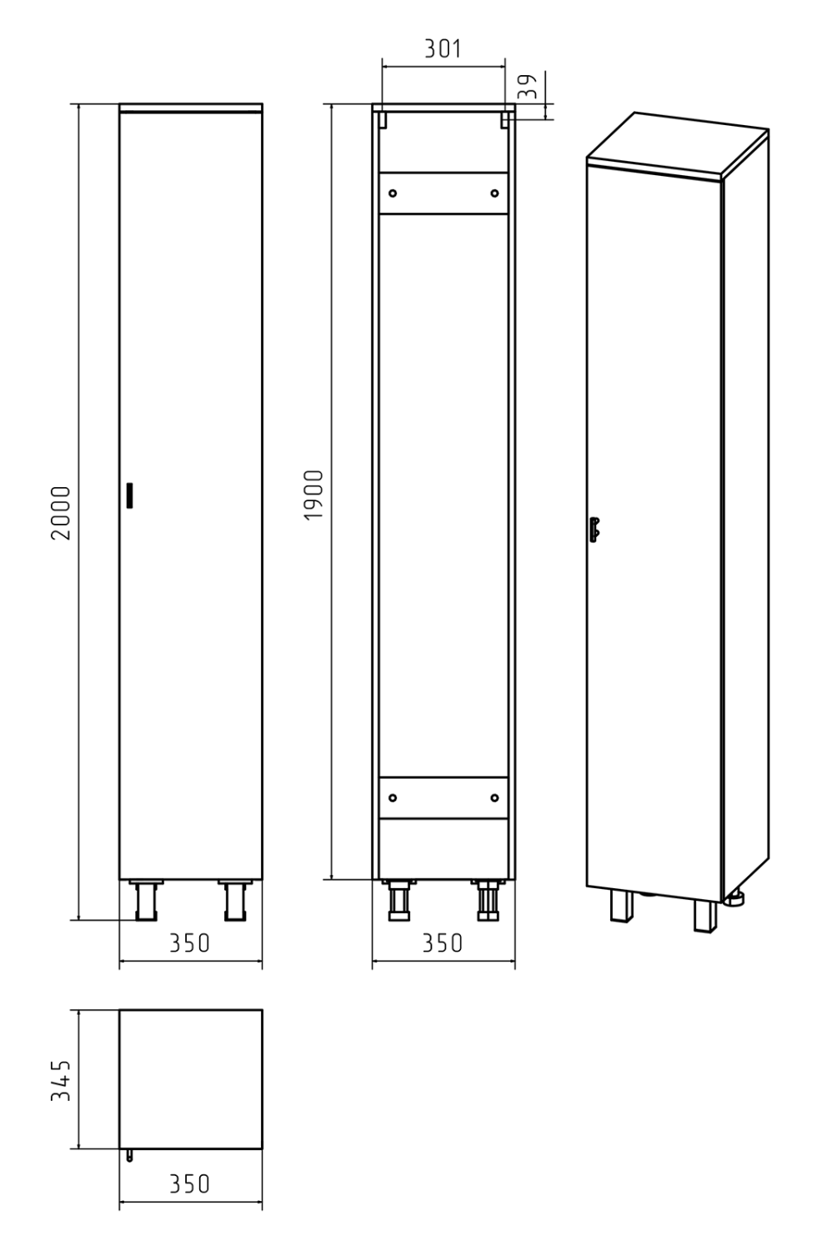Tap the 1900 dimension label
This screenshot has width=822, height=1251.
pos(313,495)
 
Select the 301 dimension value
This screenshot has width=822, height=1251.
pos(444,49)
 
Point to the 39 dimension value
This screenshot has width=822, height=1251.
pos(528,87)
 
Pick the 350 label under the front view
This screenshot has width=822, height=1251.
pos(190,943)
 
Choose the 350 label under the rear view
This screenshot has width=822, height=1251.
pos(443,943)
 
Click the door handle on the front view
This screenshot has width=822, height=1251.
pos(129,495)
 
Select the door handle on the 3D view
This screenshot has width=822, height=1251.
pos(594,530)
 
